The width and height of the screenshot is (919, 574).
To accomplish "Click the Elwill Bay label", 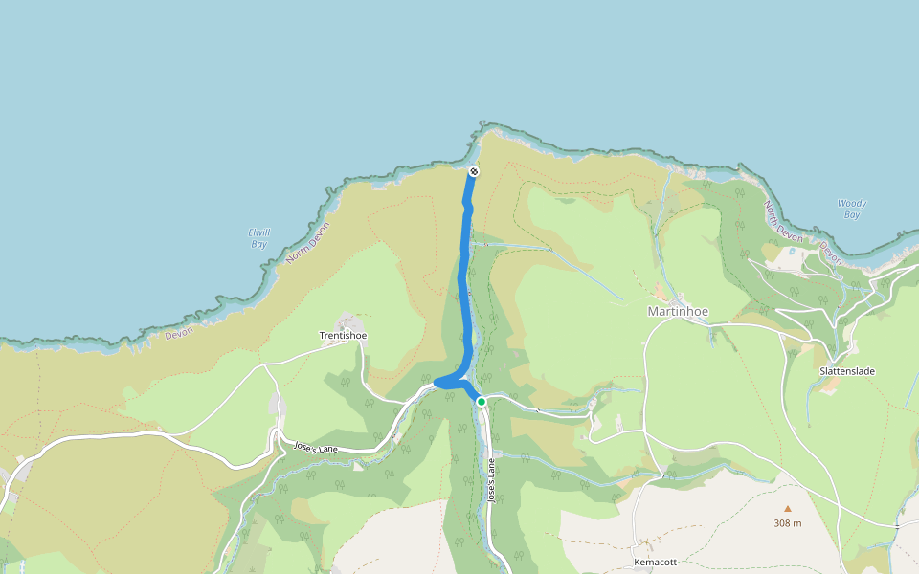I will pos(258,238).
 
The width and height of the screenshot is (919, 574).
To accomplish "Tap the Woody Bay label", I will pos(851,209).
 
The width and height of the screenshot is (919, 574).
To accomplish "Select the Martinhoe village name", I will pos(677,311).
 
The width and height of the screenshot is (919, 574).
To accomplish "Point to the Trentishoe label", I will pos(343,336).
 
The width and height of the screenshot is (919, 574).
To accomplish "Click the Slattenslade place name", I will pos(847,371).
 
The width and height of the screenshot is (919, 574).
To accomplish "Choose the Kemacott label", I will pos(655,562).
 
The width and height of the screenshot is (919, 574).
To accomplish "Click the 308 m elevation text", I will pos(788,523).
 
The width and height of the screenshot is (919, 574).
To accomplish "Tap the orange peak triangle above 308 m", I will pos(788,509).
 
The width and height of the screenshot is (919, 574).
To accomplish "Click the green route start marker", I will pos(482,402).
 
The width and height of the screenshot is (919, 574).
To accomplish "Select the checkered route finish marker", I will pos(473,172).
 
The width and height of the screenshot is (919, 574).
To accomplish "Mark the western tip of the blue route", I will pos(437,383).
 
